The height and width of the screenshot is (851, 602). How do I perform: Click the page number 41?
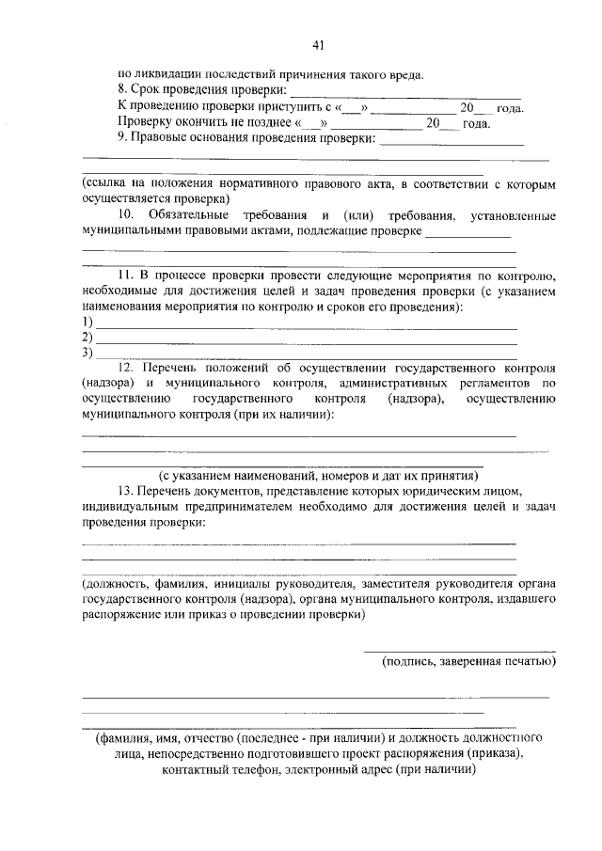[318, 44]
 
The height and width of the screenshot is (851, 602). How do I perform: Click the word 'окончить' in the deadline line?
[197, 123]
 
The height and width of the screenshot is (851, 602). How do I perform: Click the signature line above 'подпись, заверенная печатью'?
[459, 651]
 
